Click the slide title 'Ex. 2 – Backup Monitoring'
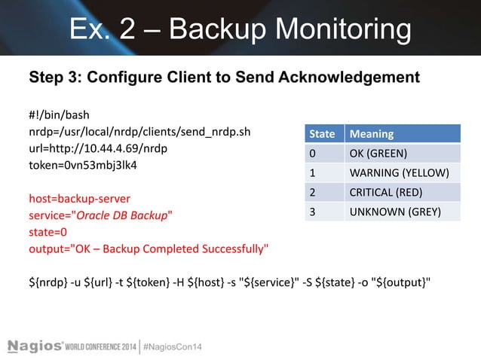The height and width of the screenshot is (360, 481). (240, 29)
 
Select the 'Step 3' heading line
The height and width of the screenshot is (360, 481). (224, 78)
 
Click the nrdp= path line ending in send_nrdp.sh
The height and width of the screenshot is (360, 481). (139, 133)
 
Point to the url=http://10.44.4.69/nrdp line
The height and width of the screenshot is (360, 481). (98, 149)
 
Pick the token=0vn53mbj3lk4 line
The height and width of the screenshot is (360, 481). (84, 166)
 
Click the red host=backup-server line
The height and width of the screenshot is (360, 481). (79, 200)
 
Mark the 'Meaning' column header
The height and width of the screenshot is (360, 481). (370, 134)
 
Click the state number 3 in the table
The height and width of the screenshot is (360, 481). (311, 212)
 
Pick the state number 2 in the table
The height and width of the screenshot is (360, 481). (311, 192)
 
